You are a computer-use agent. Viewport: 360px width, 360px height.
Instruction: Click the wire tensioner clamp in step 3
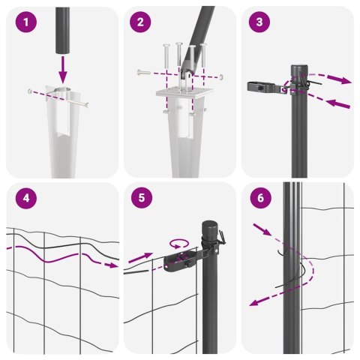pyautogui.click(x=262, y=88)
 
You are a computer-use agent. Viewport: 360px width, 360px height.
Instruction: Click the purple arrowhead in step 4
pyautogui.click(x=112, y=265)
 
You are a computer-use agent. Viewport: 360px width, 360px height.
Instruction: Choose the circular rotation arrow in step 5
pyautogui.click(x=180, y=243)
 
